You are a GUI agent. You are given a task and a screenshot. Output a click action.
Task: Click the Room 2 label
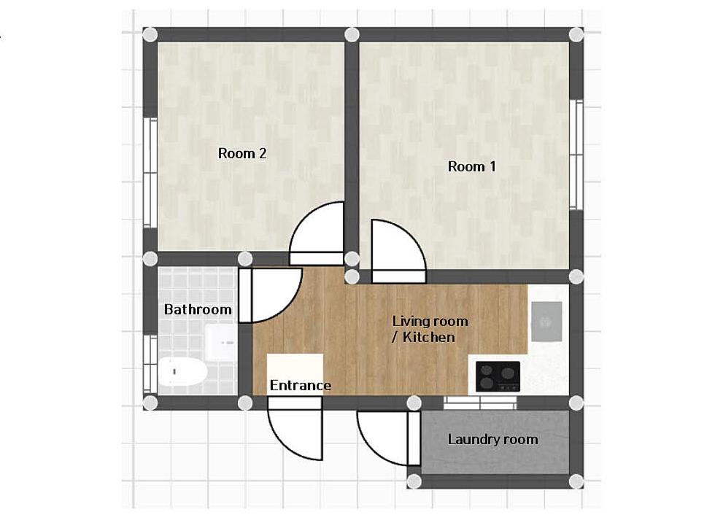click(242, 153)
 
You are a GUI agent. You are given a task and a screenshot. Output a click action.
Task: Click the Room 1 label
click(471, 166)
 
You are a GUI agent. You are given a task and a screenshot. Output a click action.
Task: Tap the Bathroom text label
click(198, 309)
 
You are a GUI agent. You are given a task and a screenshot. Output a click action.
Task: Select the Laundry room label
click(492, 439)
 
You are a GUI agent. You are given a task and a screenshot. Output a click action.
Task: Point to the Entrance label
click(301, 385)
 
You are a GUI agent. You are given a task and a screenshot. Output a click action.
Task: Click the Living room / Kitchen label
click(430, 329)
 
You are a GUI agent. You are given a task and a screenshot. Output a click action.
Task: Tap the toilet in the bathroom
click(181, 373)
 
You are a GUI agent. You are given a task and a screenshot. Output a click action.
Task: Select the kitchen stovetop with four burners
click(498, 376)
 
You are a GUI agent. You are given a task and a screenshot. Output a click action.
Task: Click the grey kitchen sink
click(546, 322)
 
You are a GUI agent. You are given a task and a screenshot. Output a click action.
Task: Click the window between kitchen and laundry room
click(479, 402)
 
